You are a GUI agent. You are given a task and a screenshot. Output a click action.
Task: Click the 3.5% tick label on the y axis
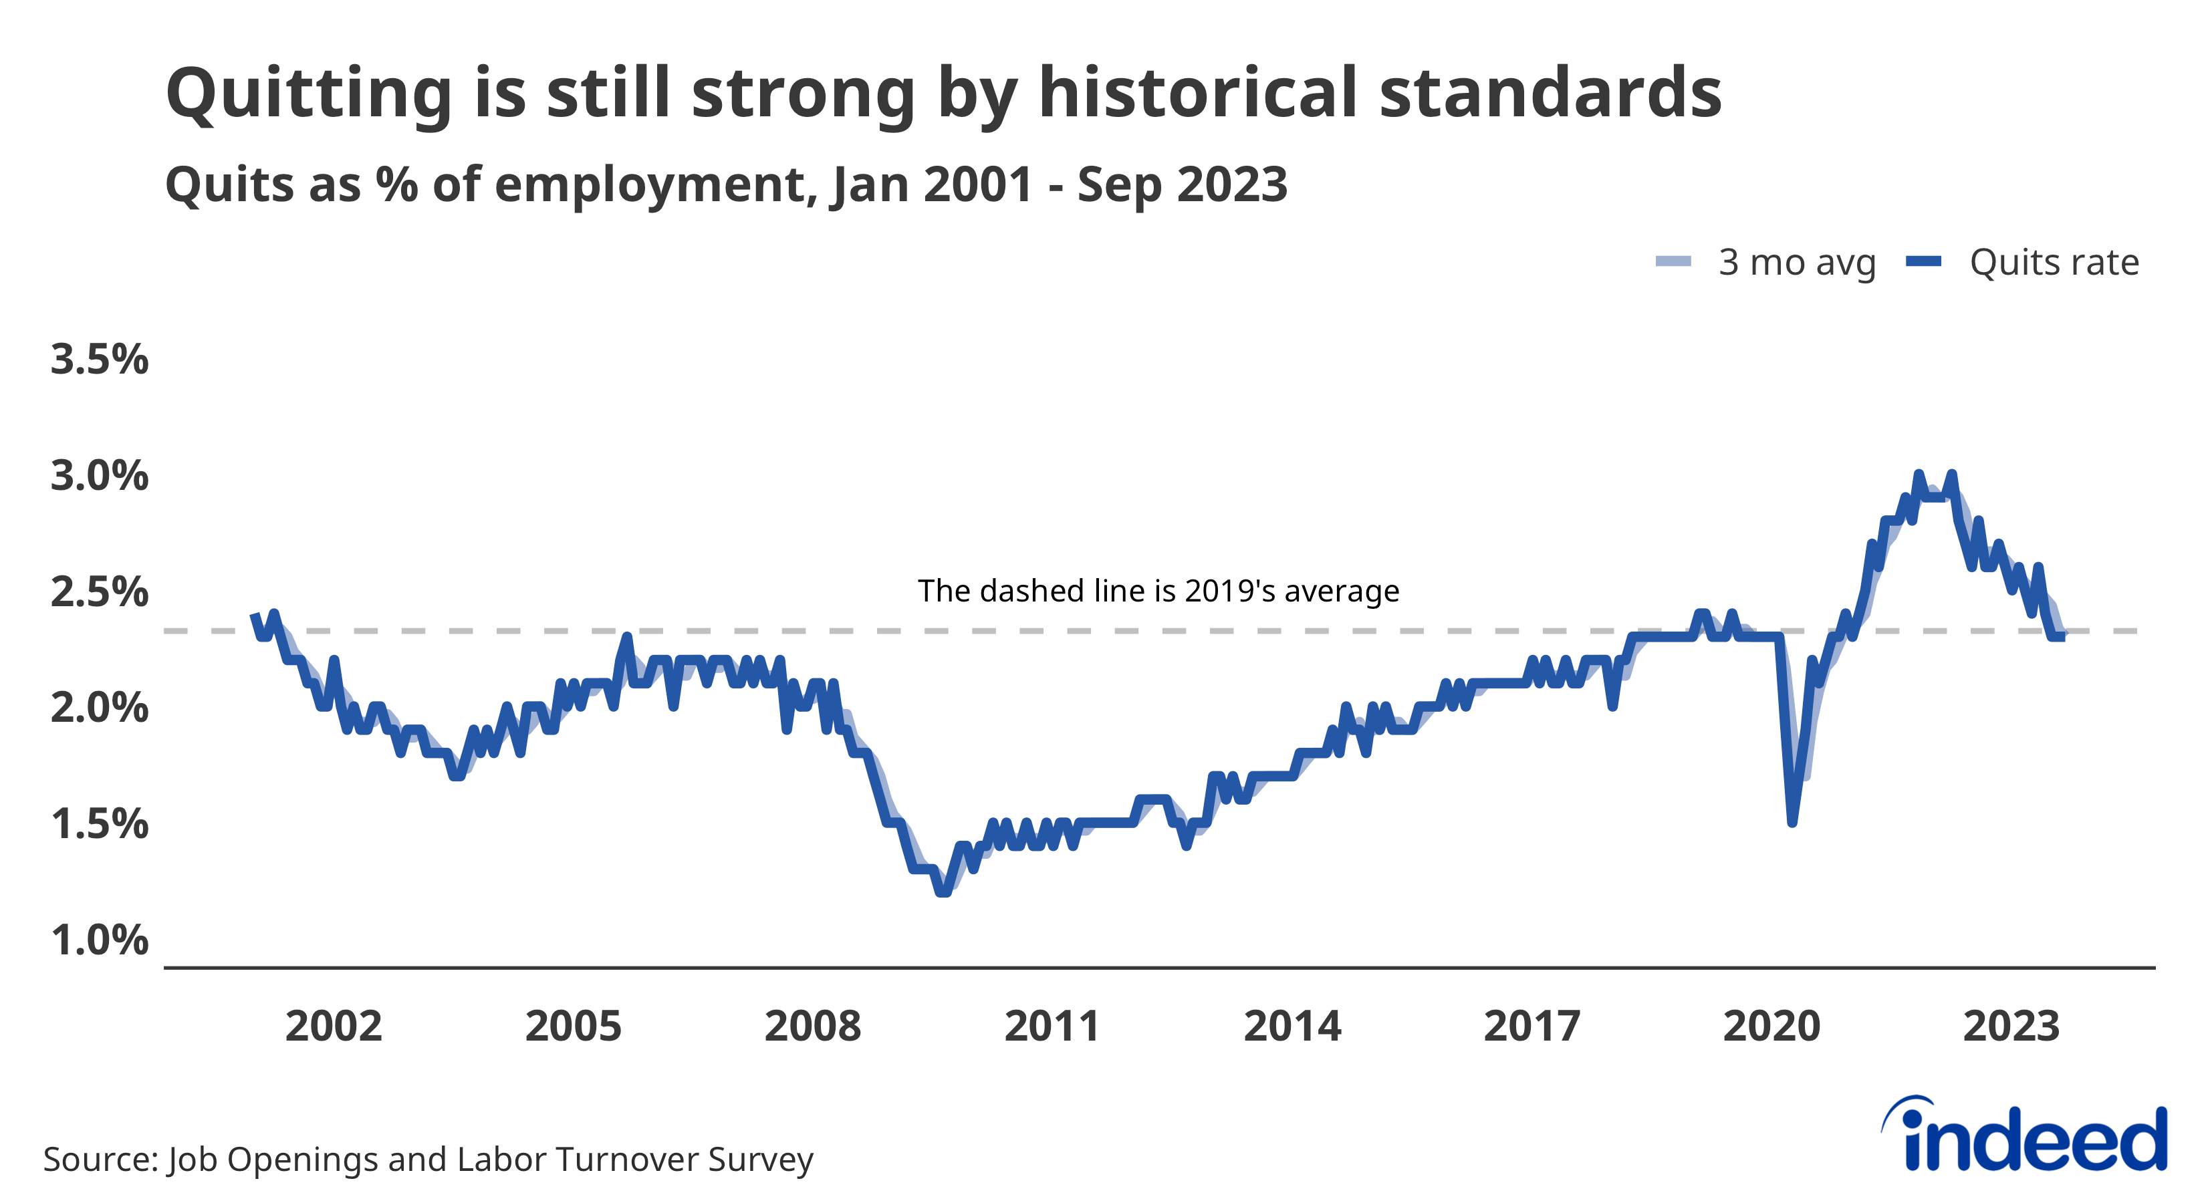[x=100, y=359]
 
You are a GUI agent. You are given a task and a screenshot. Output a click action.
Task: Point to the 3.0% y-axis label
[x=100, y=475]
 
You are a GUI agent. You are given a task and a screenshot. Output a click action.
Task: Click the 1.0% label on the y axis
[x=100, y=940]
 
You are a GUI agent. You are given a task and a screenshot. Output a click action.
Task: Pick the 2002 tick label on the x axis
[x=333, y=1026]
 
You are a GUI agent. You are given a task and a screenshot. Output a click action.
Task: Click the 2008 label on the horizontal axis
[x=812, y=1026]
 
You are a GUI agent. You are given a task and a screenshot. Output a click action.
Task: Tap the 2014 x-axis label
[x=1292, y=1026]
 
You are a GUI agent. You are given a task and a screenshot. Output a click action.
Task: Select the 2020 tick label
[x=1771, y=1026]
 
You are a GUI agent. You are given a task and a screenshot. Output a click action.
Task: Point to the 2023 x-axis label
[x=2010, y=1026]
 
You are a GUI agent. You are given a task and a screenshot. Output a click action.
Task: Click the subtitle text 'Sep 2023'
[x=1182, y=184]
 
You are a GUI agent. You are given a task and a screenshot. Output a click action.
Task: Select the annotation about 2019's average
[x=1158, y=591]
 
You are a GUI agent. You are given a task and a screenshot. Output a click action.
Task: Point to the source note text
[x=428, y=1160]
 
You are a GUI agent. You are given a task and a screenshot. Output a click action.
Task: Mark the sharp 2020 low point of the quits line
[x=1792, y=822]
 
